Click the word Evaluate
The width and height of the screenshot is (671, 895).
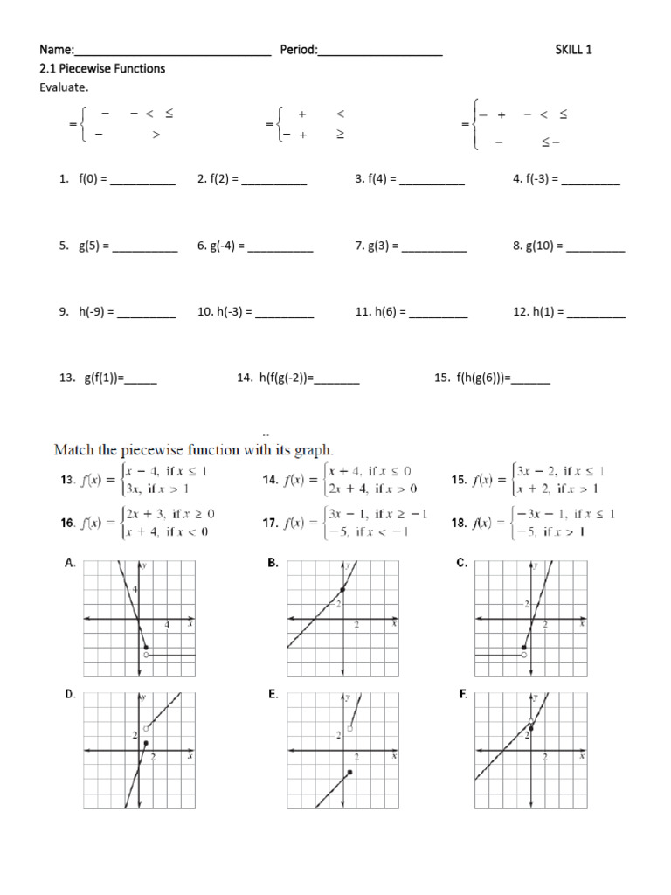pyautogui.click(x=64, y=87)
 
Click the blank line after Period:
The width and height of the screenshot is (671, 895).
pyautogui.click(x=380, y=52)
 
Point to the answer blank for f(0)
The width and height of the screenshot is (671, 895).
pyautogui.click(x=142, y=180)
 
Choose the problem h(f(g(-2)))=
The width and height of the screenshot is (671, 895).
pyautogui.click(x=286, y=378)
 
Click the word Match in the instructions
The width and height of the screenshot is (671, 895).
pyautogui.click(x=75, y=450)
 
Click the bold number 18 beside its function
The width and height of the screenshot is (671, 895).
pyautogui.click(x=459, y=523)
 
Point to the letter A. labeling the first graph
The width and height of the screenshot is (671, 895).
pyautogui.click(x=70, y=565)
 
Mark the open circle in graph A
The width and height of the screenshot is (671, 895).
pyautogui.click(x=146, y=655)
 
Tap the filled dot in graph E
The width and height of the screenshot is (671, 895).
pyautogui.click(x=349, y=772)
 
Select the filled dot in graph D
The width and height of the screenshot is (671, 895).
pyautogui.click(x=146, y=743)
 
